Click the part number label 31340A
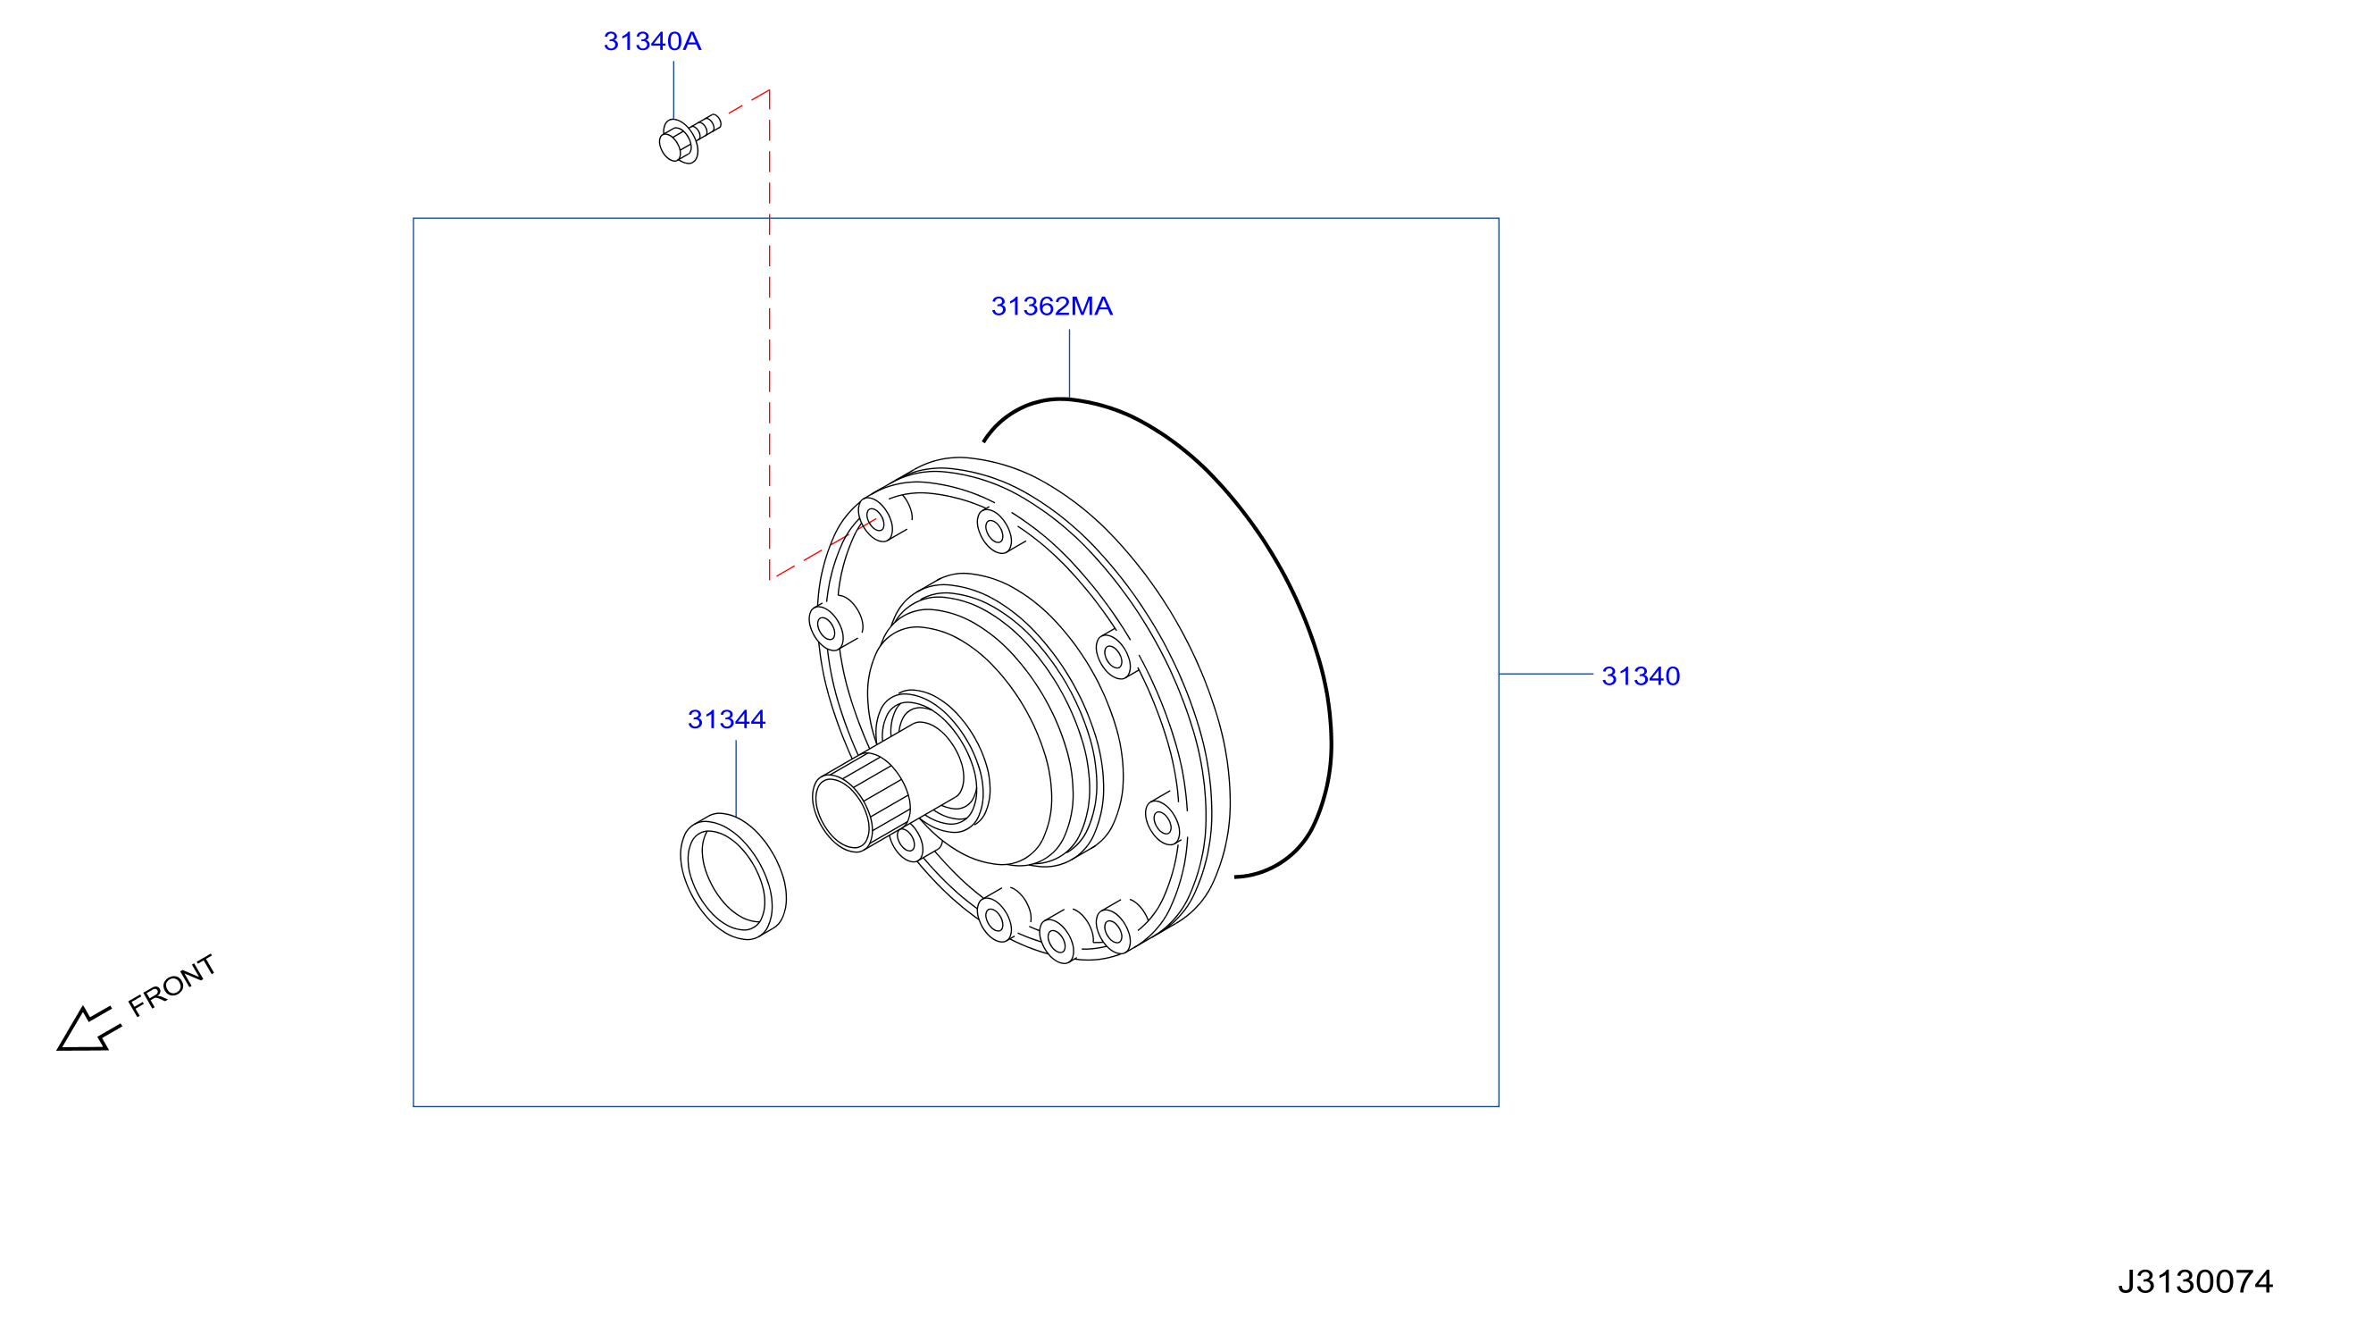tap(652, 41)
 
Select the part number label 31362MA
tap(1051, 306)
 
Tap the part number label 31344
tap(726, 719)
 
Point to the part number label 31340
tap(1641, 676)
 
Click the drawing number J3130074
tap(2195, 1281)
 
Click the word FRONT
tap(171, 986)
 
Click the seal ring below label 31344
tap(732, 876)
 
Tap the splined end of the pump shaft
tap(860, 801)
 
